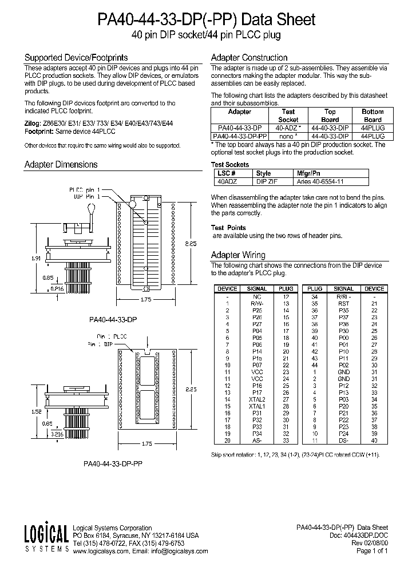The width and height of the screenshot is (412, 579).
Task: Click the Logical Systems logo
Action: pyautogui.click(x=46, y=539)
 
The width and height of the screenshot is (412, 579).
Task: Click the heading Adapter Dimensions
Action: pyautogui.click(x=61, y=165)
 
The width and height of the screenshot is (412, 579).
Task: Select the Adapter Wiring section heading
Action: pyautogui.click(x=238, y=255)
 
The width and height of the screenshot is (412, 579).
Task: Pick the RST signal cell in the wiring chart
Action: pyautogui.click(x=343, y=304)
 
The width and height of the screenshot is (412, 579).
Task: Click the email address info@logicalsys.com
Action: pyautogui.click(x=177, y=552)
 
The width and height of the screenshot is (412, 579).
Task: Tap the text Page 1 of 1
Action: pyautogui.click(x=372, y=552)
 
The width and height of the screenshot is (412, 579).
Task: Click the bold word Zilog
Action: pyautogui.click(x=32, y=123)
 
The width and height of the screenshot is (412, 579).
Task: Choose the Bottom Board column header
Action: pyautogui.click(x=373, y=116)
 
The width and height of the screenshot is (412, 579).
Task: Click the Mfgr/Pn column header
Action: pyautogui.click(x=307, y=173)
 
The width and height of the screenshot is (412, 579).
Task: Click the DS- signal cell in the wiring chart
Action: pyautogui.click(x=343, y=440)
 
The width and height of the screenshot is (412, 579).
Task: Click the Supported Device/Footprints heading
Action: pyautogui.click(x=76, y=58)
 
